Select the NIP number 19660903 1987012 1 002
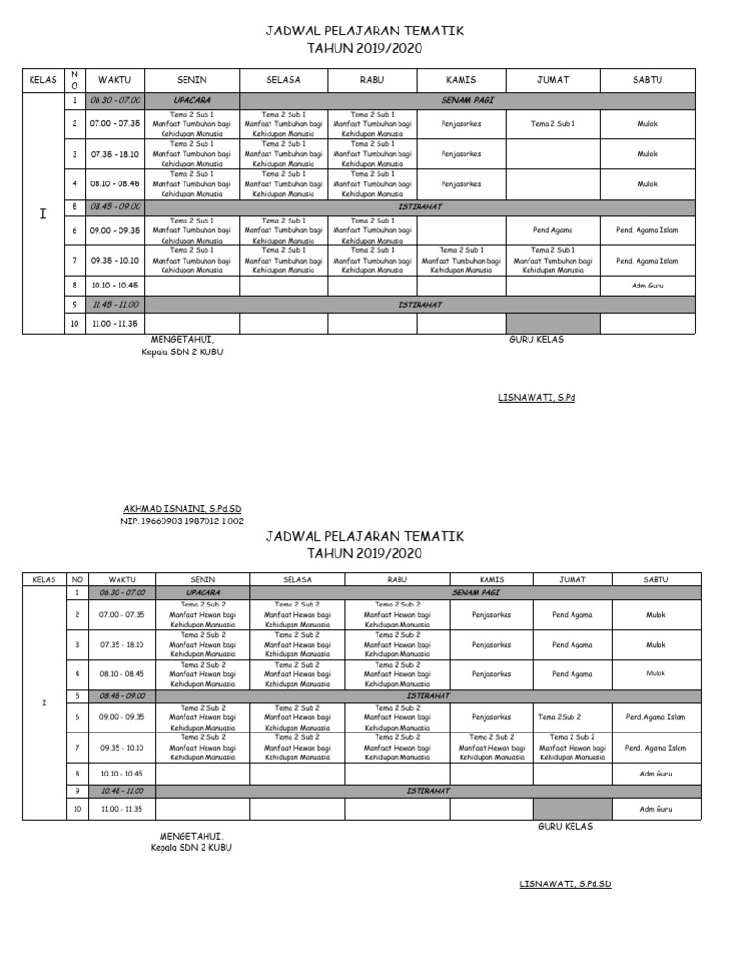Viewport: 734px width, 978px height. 182,521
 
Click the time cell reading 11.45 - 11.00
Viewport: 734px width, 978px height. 115,305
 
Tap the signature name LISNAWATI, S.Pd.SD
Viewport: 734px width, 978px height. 564,884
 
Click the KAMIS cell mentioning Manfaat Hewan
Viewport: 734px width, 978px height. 491,748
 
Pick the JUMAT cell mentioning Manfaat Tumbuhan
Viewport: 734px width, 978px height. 552,261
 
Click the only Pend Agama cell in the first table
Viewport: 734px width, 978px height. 552,230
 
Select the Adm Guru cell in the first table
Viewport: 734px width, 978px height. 647,285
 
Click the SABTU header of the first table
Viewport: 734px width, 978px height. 647,80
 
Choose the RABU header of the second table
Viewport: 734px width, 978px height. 397,580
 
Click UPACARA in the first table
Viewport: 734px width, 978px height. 191,99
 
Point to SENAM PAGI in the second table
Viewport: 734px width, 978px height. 475,593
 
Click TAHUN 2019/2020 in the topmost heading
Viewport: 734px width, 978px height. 364,48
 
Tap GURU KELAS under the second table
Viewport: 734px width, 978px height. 565,827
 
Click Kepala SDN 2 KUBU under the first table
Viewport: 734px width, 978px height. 182,351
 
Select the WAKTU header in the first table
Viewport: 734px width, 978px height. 115,80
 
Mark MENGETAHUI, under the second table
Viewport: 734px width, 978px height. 192,836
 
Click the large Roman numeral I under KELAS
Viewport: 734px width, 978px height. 42,214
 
